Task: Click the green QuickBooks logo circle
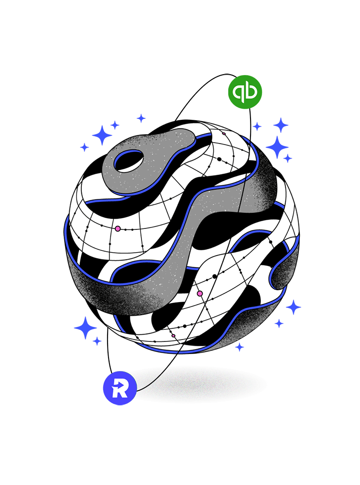click(245, 92)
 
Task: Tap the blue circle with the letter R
click(120, 388)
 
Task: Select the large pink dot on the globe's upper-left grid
click(118, 228)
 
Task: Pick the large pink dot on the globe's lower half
click(200, 293)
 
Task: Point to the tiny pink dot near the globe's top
click(224, 134)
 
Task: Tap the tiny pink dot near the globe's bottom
click(173, 336)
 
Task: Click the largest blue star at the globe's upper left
click(102, 135)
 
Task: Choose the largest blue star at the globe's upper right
click(277, 147)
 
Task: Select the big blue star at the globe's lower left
click(86, 327)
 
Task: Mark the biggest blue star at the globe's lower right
click(293, 307)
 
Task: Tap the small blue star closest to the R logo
click(97, 341)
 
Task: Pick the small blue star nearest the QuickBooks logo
click(257, 126)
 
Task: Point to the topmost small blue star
click(141, 118)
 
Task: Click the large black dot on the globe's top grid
click(219, 159)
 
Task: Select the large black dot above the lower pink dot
click(215, 276)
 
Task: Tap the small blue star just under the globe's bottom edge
click(239, 347)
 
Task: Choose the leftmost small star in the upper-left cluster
click(84, 147)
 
